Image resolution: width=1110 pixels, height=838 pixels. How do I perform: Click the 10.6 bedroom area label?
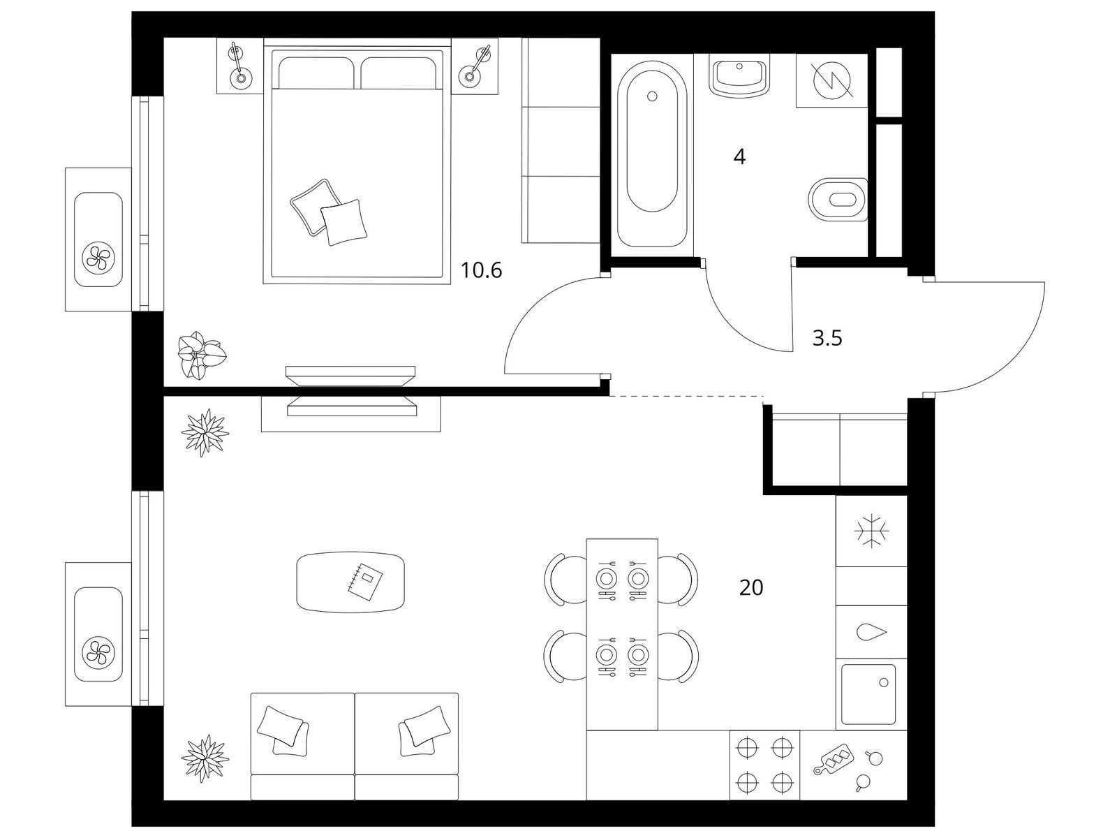click(481, 270)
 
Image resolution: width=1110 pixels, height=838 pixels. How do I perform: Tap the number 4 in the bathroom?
click(739, 157)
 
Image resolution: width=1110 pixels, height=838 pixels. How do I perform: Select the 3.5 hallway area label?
click(827, 338)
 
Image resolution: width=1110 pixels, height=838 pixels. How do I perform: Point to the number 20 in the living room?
click(751, 588)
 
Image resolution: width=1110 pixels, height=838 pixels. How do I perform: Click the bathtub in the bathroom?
click(652, 154)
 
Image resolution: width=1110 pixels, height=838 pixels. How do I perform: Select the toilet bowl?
click(838, 199)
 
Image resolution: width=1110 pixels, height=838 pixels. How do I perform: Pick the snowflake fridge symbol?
click(871, 531)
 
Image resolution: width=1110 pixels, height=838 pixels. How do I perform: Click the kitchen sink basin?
click(868, 694)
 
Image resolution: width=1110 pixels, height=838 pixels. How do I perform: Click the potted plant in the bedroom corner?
click(201, 355)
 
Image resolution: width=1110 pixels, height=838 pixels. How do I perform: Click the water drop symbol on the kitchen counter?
click(872, 632)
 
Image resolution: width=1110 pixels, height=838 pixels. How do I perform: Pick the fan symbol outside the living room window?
click(98, 651)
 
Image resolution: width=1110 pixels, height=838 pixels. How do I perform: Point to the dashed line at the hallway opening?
click(687, 396)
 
